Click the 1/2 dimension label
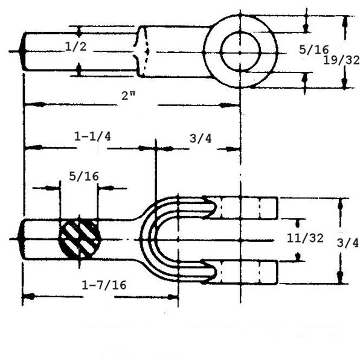[x=76, y=46]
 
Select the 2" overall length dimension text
[x=129, y=95]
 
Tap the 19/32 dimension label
[x=341, y=60]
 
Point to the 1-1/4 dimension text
[x=92, y=136]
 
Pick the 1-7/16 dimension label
[x=104, y=285]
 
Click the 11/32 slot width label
[x=305, y=238]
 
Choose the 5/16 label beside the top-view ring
[x=313, y=49]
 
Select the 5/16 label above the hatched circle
[x=84, y=176]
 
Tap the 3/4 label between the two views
[x=201, y=139]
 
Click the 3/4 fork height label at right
[x=347, y=243]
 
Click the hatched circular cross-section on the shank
[x=80, y=240]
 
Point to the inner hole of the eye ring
[x=240, y=51]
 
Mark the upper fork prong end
[x=276, y=208]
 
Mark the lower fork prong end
[x=276, y=273]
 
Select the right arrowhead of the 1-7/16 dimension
[x=173, y=297]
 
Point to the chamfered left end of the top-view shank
[x=22, y=51]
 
